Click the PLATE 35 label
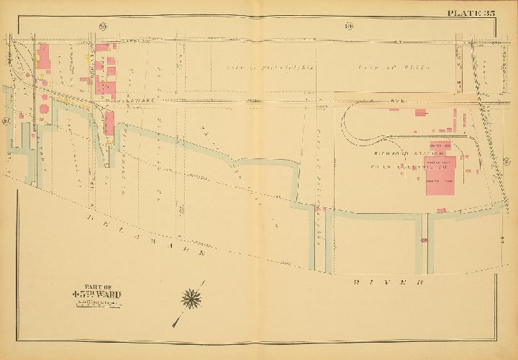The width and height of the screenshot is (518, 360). pyautogui.click(x=471, y=12)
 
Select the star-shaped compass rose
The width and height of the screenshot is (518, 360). pyautogui.click(x=192, y=296)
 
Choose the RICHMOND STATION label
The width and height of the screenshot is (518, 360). pyautogui.click(x=403, y=153)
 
